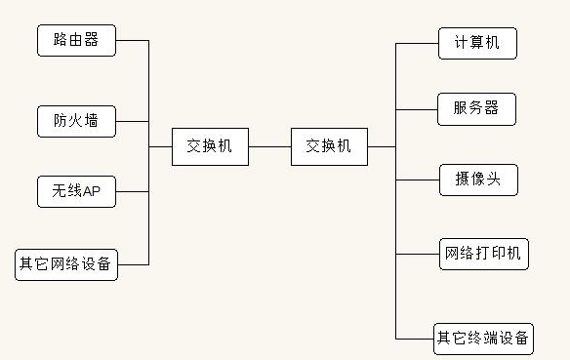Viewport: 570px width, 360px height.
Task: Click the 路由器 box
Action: tap(76, 41)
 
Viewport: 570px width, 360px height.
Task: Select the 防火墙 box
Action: tap(76, 122)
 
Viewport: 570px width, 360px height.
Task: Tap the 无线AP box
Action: tap(76, 192)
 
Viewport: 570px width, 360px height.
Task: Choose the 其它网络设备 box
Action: tap(66, 264)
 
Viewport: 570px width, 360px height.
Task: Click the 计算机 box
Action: tap(477, 43)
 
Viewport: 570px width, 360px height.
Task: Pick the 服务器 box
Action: tap(477, 108)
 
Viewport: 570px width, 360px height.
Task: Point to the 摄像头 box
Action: tap(477, 180)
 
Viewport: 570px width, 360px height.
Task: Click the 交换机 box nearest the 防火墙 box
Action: tap(210, 146)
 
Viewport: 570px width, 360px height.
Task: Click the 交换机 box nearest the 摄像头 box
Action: tap(329, 146)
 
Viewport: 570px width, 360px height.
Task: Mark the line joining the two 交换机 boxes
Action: tap(269, 146)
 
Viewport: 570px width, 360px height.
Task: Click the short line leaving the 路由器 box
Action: tap(132, 41)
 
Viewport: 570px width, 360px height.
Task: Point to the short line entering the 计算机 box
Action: tap(418, 43)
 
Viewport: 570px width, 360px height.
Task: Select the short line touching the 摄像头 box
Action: tap(418, 180)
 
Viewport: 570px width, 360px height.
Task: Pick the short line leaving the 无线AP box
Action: tap(132, 192)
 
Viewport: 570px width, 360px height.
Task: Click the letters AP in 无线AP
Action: tap(92, 192)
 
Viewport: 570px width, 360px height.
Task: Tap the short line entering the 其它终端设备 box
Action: tap(414, 339)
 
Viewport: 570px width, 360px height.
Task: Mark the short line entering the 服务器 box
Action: tap(418, 108)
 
